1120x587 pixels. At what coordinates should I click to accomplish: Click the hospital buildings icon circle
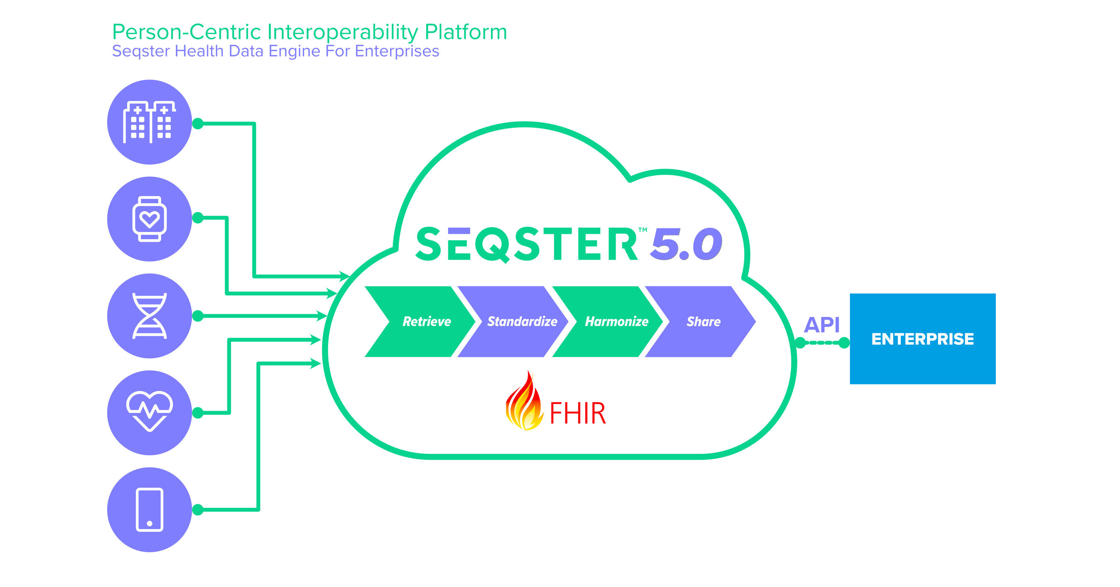tap(149, 122)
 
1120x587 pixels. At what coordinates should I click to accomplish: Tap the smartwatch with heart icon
tap(149, 219)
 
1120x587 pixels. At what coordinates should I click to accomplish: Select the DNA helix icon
tap(149, 316)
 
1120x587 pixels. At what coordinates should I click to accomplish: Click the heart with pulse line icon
tap(149, 412)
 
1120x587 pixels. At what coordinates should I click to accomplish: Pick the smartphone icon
tap(149, 510)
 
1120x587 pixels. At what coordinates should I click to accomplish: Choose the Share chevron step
tap(703, 321)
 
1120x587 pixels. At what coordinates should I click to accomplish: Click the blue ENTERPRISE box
tap(922, 339)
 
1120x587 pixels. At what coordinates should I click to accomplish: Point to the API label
tap(821, 324)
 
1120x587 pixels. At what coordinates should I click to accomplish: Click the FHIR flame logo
tap(524, 402)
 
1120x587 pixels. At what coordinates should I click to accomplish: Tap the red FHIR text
tap(577, 413)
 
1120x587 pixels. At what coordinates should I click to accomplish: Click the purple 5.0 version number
tap(686, 245)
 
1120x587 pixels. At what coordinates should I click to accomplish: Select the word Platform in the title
tap(466, 32)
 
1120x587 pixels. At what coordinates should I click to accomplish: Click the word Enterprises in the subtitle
tap(397, 51)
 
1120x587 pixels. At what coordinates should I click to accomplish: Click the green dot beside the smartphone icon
tap(198, 509)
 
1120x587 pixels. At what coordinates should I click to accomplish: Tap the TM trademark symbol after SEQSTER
tap(642, 230)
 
